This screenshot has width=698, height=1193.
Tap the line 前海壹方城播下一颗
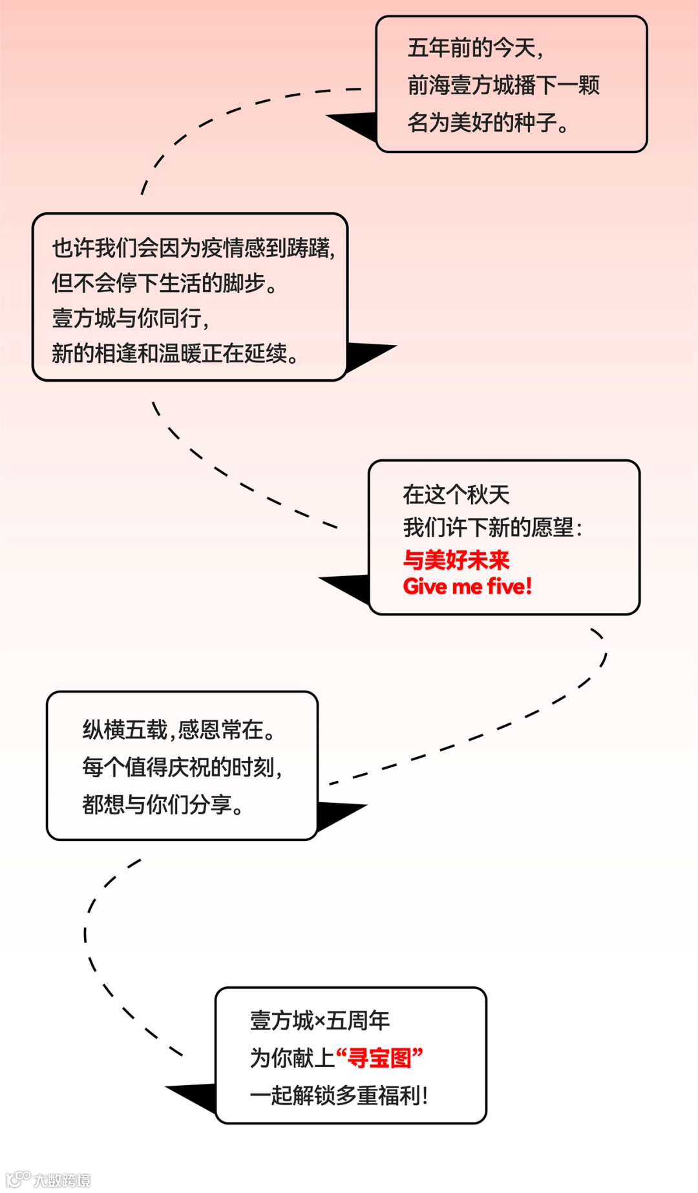[503, 85]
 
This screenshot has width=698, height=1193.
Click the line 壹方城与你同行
[131, 318]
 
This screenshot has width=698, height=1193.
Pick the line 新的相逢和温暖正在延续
[174, 353]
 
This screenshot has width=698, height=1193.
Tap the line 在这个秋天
[456, 495]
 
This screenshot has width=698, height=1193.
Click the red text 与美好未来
[456, 559]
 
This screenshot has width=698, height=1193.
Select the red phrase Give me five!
[467, 586]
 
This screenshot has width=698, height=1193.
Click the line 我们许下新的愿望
[492, 528]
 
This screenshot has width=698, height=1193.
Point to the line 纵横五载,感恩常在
[179, 730]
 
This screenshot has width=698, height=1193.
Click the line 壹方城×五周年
[320, 1021]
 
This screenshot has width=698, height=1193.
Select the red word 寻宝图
[379, 1058]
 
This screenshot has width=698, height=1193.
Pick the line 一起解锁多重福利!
[339, 1095]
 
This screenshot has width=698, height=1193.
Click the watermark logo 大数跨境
[48, 1179]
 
